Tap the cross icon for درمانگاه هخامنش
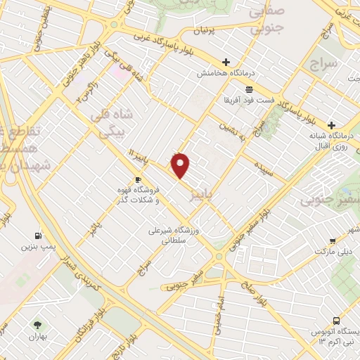225,62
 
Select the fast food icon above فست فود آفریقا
250,89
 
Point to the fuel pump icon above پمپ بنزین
36,236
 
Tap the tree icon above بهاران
37,325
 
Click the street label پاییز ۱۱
140,155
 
